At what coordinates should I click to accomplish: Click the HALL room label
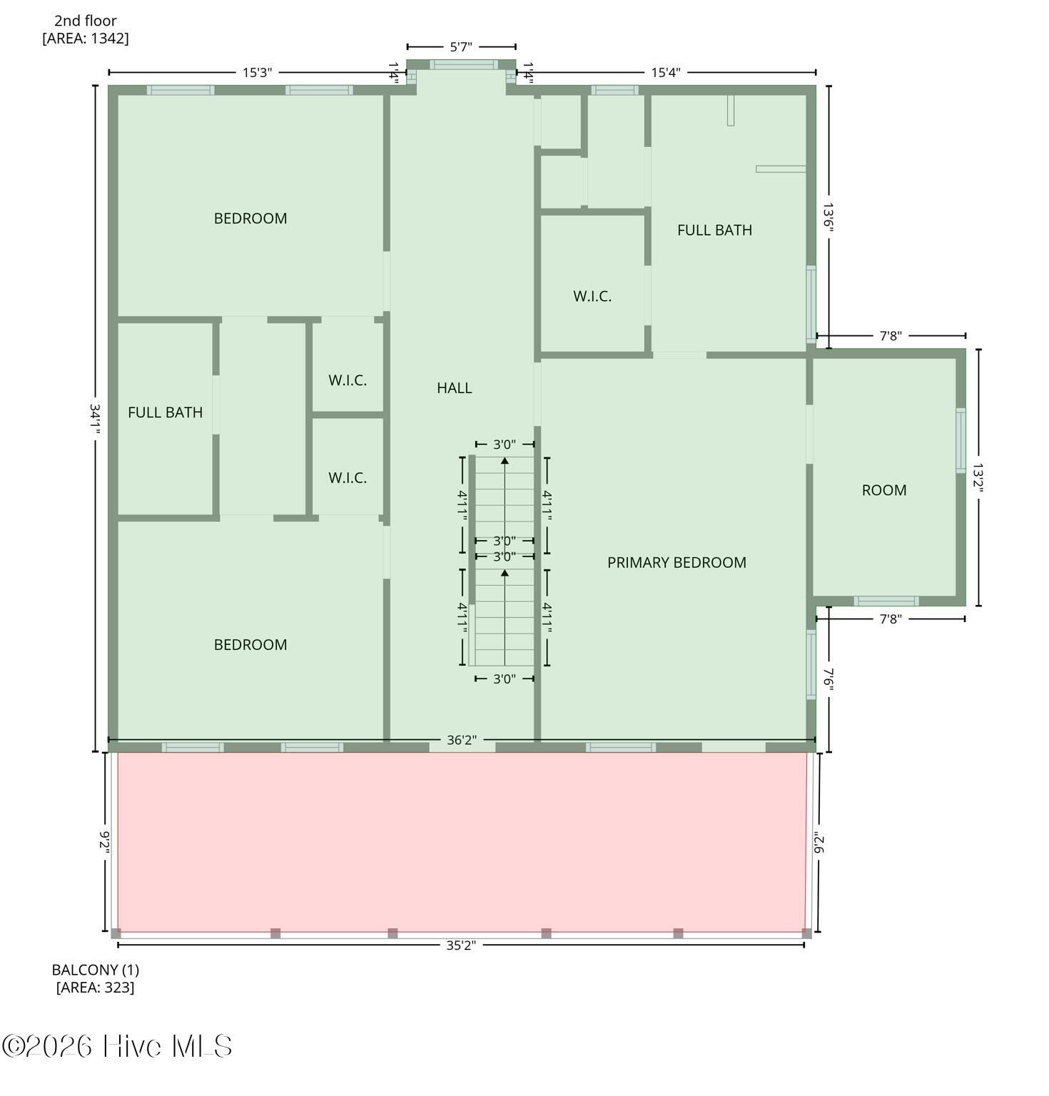[x=454, y=388]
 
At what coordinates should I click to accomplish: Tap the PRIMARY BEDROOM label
[x=676, y=562]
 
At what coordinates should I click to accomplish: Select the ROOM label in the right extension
[x=883, y=490]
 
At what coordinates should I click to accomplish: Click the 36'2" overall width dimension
[x=461, y=740]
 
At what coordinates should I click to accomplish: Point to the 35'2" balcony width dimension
[x=460, y=945]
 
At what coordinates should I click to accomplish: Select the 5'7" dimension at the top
[x=461, y=47]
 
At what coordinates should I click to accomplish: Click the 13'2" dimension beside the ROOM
[x=978, y=478]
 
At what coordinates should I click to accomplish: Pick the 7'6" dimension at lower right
[x=828, y=679]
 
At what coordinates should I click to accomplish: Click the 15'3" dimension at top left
[x=257, y=72]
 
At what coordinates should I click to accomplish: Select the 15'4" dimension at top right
[x=665, y=72]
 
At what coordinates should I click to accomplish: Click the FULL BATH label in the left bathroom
[x=165, y=412]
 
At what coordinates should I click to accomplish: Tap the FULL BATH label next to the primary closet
[x=714, y=230]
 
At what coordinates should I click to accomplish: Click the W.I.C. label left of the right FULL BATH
[x=592, y=296]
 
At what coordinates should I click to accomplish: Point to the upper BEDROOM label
[x=250, y=218]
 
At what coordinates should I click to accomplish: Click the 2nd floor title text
[x=86, y=21]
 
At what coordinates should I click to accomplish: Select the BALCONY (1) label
[x=95, y=970]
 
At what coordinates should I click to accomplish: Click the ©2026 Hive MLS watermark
[x=117, y=1047]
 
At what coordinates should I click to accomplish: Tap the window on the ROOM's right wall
[x=961, y=440]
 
